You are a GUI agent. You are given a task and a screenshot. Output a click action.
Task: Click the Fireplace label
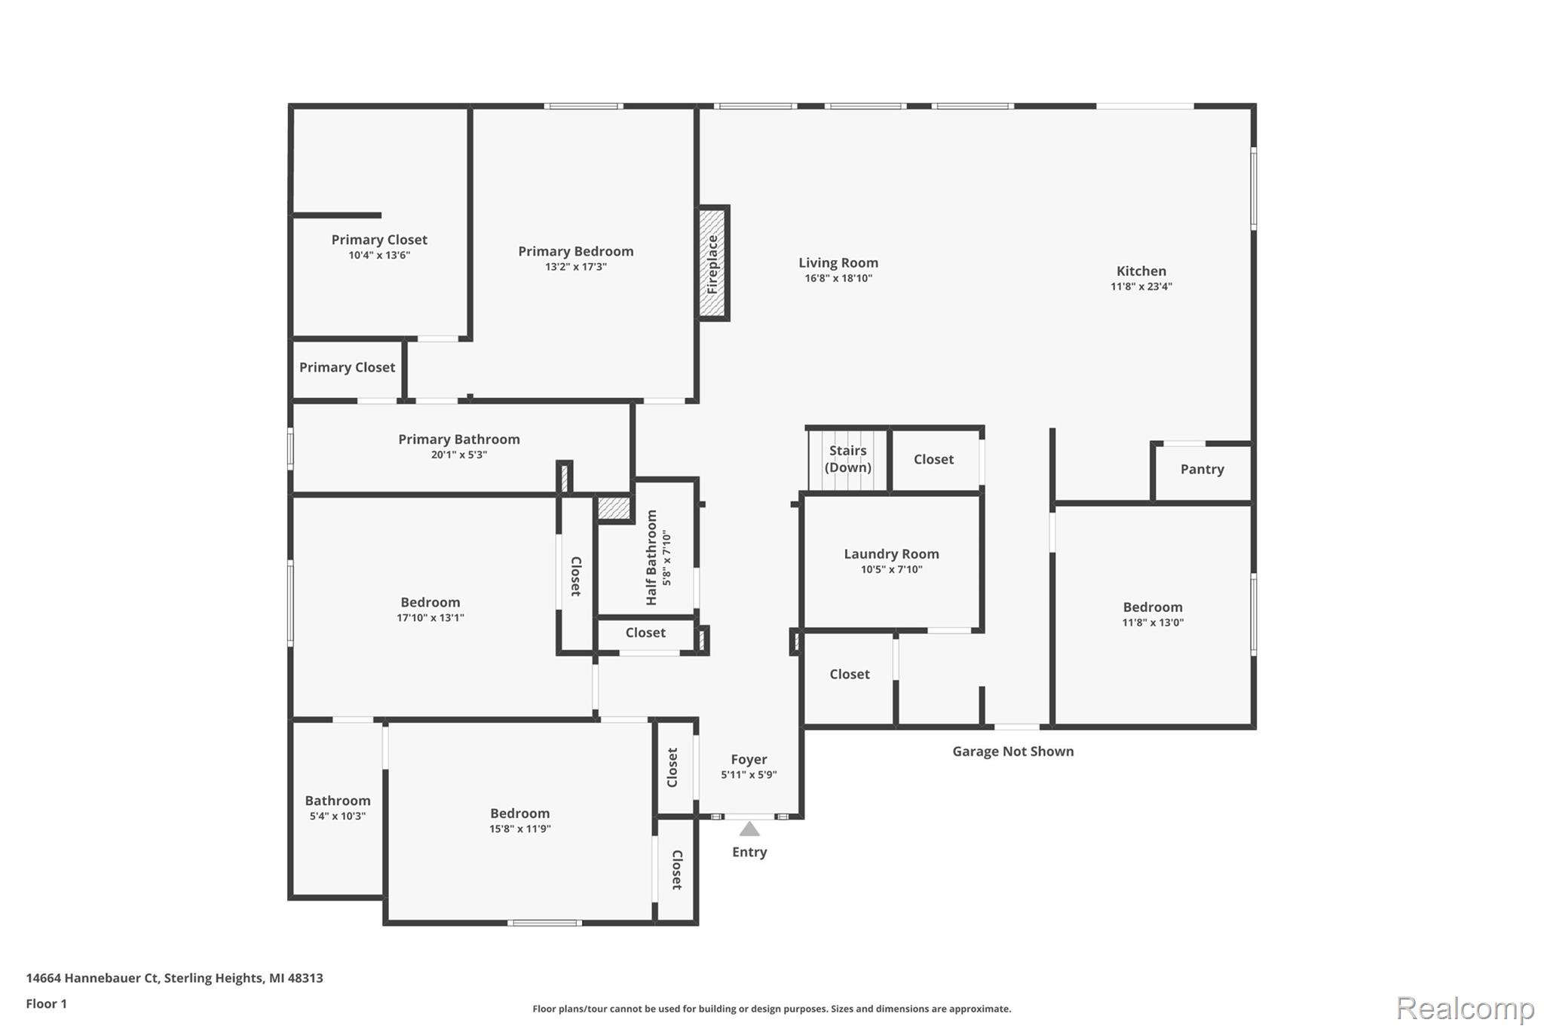[x=712, y=265]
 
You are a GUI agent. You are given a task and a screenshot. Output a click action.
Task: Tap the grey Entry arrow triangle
[x=749, y=829]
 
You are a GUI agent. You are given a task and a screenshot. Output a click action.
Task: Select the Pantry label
[x=1202, y=469]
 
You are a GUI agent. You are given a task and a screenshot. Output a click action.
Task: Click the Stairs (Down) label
[x=847, y=458]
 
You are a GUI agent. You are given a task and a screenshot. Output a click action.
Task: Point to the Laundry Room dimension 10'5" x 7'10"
[x=891, y=569]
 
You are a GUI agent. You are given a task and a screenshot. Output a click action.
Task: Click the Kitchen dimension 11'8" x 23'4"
[x=1141, y=286]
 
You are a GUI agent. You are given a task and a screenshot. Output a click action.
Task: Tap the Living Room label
[x=838, y=262]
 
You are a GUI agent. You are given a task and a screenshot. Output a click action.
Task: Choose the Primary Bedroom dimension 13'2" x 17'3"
[x=576, y=267]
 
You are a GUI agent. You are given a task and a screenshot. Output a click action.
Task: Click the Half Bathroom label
[x=651, y=557]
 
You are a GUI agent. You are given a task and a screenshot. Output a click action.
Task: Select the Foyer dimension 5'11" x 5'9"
[x=749, y=775]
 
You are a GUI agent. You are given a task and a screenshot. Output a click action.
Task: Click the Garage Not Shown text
[x=1012, y=751]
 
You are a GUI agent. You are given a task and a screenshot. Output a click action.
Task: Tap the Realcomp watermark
[x=1465, y=1008]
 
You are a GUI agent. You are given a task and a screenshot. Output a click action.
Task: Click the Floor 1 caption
[x=47, y=1003]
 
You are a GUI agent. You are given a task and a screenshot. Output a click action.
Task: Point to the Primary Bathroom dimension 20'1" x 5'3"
[x=458, y=455]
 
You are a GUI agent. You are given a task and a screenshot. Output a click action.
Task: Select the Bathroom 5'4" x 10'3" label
[x=338, y=807]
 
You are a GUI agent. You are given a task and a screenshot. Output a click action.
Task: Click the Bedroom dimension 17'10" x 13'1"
[x=430, y=618]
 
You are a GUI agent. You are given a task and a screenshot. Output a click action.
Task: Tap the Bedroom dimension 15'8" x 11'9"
[x=519, y=829]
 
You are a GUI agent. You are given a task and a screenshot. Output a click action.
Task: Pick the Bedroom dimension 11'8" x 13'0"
[x=1153, y=623]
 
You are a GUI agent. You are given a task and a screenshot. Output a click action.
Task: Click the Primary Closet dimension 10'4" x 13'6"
[x=379, y=256]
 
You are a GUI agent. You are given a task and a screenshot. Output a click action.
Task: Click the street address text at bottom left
[x=174, y=978]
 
